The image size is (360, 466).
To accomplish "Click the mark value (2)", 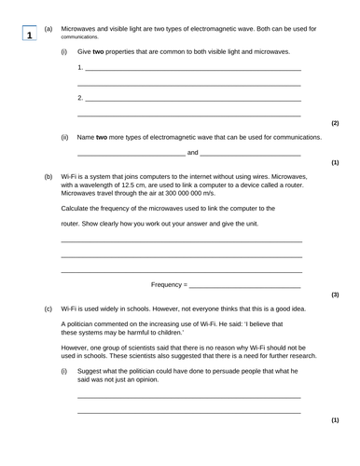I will pos(335,123).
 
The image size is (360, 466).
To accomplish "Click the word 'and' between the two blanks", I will pos(192,152).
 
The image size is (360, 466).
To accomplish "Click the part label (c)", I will pos(48,308).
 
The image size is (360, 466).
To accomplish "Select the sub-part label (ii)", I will pos(64,137).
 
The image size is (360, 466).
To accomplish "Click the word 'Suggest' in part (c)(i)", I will pos(90,371).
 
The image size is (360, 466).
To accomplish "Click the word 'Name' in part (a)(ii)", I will pos(87,137).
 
